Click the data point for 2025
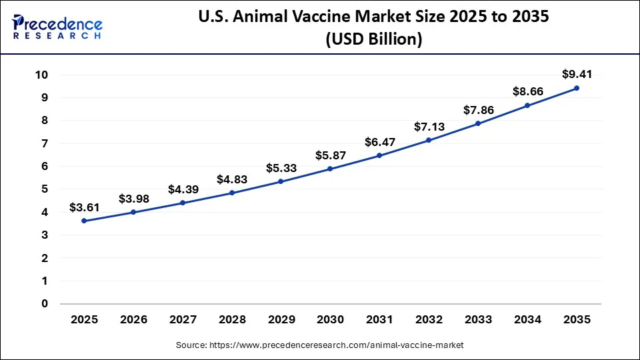pos(84,221)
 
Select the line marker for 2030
pos(330,169)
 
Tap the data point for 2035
pos(577,88)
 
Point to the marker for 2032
pos(429,140)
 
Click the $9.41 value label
pos(577,74)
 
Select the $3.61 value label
pos(84,207)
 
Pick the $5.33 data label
pos(281,167)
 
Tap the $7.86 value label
pos(478,110)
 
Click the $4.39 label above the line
pos(183,189)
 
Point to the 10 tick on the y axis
pos(42,75)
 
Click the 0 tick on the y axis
pos(45,304)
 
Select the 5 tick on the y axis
pos(45,189)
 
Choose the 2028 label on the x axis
pos(231,320)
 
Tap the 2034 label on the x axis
pos(527,320)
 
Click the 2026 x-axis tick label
pos(133,320)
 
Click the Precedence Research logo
pos(57,25)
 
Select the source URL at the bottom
pos(320,345)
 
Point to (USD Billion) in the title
pos(373,39)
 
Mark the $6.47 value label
pos(379,142)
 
